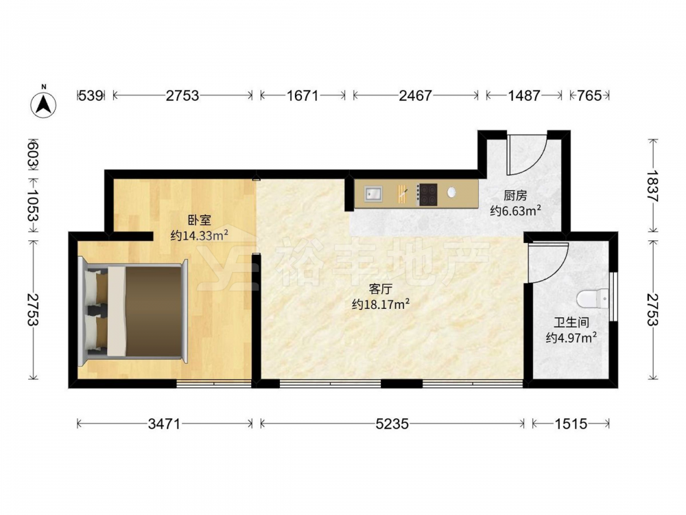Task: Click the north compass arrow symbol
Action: coord(43,104)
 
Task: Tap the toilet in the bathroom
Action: coord(591,299)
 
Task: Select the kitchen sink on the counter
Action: coord(372,194)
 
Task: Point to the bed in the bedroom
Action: coord(133,311)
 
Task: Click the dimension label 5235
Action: coord(392,424)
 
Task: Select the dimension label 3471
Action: coord(164,424)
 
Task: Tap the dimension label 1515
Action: coord(571,424)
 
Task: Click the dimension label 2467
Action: coord(415,95)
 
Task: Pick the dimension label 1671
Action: coord(303,95)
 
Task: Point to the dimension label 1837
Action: coord(652,185)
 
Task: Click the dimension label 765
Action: coord(589,95)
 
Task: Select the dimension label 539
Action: coord(91,95)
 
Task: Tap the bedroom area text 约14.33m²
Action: coord(200,236)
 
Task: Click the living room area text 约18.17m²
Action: coord(381,304)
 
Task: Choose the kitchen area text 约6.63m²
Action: coord(515,211)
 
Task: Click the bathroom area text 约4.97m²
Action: coord(571,338)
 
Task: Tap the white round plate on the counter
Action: coord(451,192)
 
